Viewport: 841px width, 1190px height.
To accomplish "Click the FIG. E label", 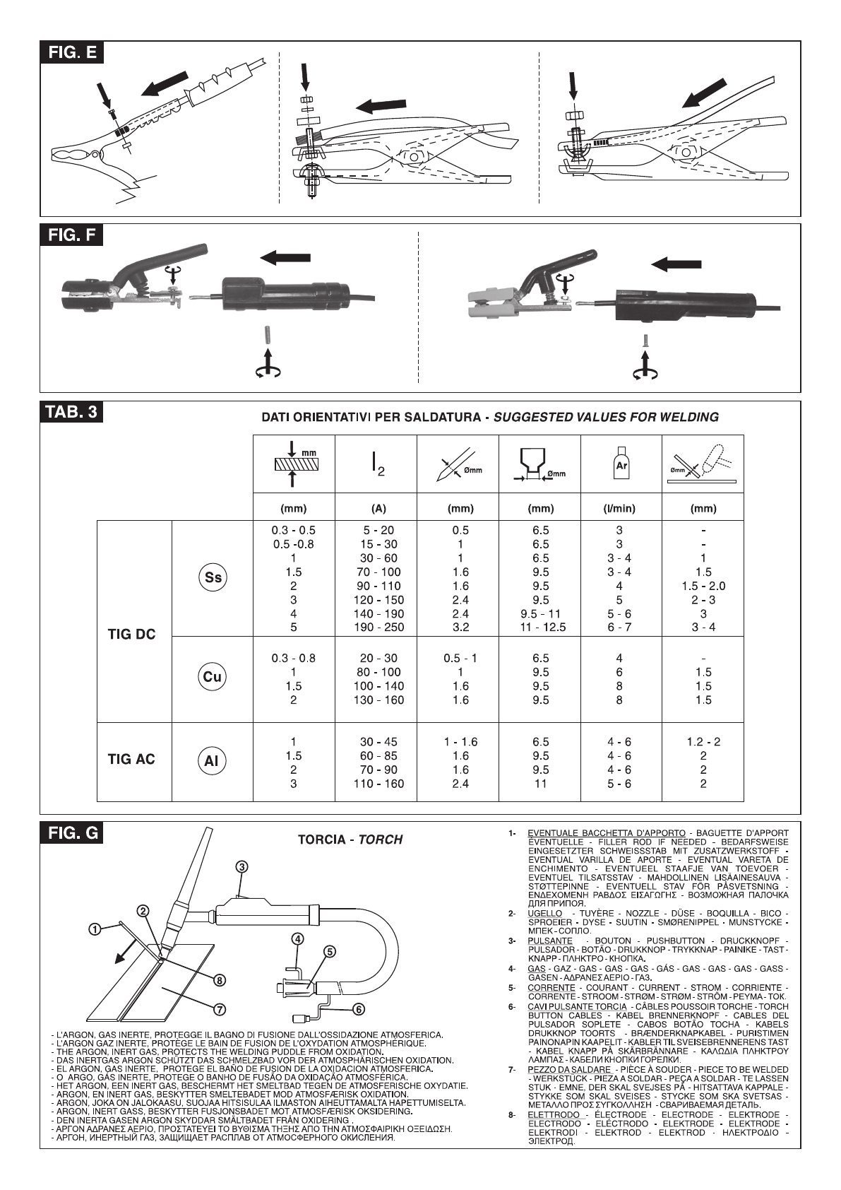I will coord(72,52).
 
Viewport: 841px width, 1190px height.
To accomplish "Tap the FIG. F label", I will coord(71,235).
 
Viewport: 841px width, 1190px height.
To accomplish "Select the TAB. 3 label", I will coord(71,411).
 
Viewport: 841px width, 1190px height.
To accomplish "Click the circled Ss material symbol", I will coord(213,577).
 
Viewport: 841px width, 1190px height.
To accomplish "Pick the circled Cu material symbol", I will coord(212,677).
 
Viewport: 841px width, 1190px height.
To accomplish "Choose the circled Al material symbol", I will coord(212,761).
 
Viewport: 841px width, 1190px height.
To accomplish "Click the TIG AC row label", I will coord(131,759).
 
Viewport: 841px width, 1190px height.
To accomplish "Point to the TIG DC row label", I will coord(131,634).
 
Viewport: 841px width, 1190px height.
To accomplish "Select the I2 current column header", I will coord(378,464).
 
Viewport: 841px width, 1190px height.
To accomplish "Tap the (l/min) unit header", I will coord(620,508).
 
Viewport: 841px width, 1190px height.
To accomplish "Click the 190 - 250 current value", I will coord(378,627).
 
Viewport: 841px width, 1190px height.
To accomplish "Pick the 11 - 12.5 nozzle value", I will coord(542,627).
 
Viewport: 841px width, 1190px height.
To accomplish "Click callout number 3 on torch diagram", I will coord(241,866).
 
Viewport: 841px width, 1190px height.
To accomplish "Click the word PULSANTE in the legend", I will coord(550,941).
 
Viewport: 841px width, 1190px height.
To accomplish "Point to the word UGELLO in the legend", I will coord(544,913).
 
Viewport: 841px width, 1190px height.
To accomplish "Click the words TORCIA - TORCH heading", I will coord(350,840).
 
